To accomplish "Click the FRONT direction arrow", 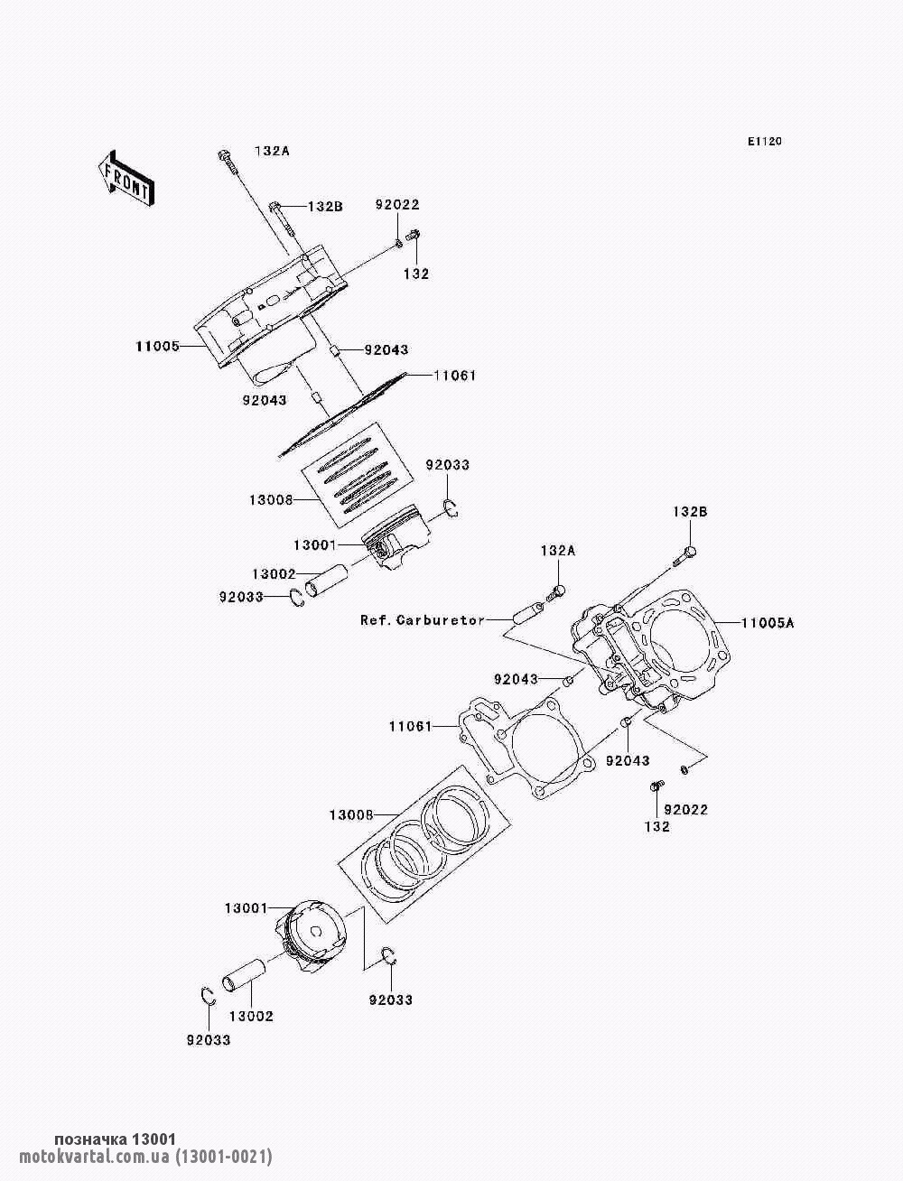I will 124,177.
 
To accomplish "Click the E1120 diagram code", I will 764,142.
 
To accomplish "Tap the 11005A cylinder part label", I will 768,623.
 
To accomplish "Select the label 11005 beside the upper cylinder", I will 157,346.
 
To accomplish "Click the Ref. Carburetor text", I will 422,620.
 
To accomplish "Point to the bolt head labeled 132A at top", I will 223,156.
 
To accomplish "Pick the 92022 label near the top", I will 397,205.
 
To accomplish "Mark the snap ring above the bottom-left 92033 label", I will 207,996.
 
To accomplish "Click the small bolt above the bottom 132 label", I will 656,788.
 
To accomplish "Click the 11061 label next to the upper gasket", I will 454,376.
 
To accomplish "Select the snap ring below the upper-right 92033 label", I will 451,509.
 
